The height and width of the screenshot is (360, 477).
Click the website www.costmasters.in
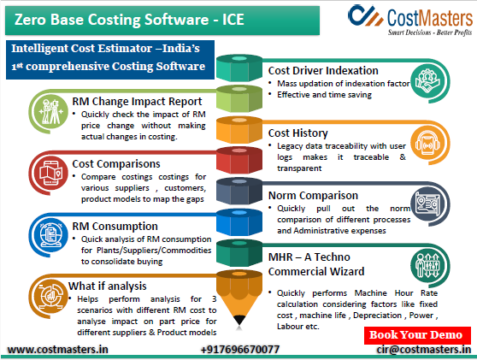point(57,349)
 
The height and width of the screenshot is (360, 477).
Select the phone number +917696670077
point(239,349)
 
